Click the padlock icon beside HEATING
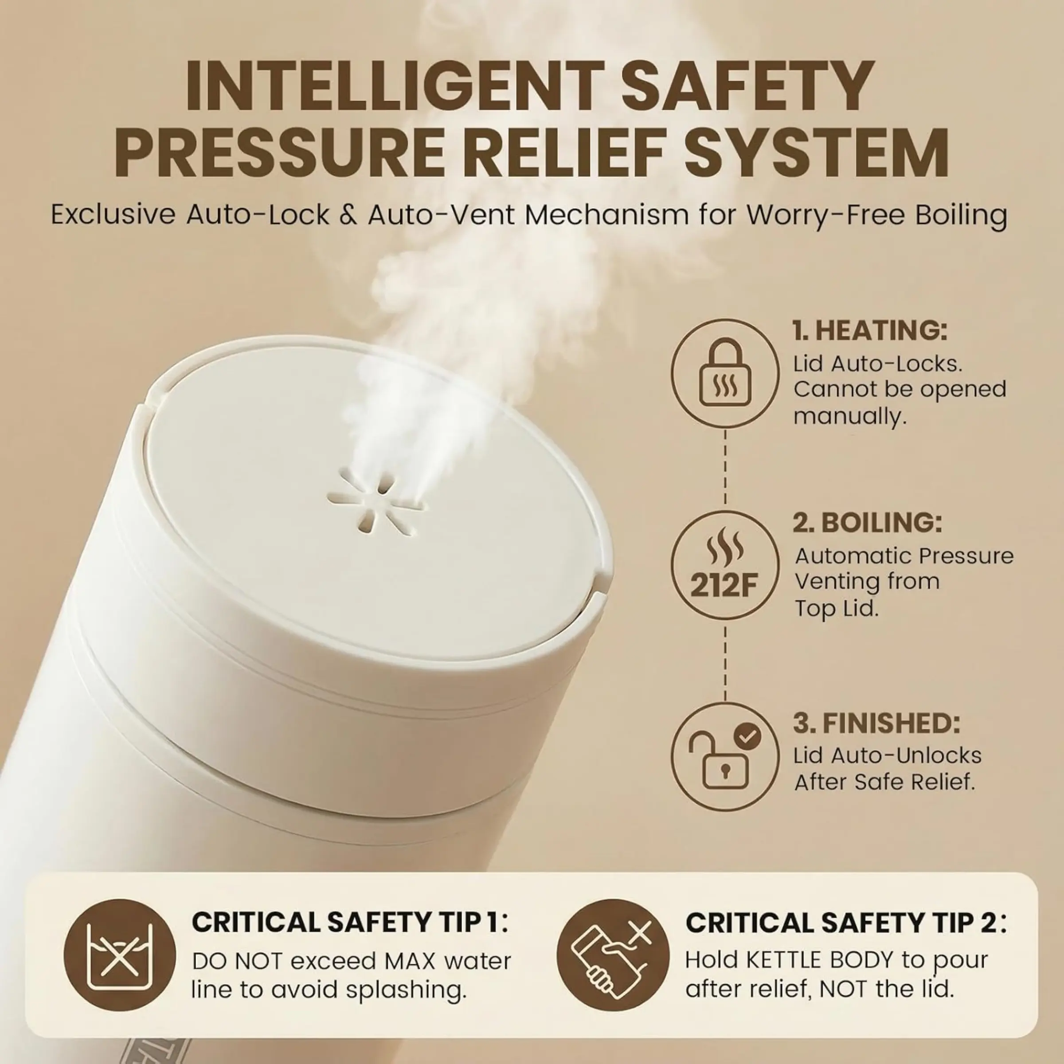pos(725,372)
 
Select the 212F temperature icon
pos(725,564)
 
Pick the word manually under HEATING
pos(849,416)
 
